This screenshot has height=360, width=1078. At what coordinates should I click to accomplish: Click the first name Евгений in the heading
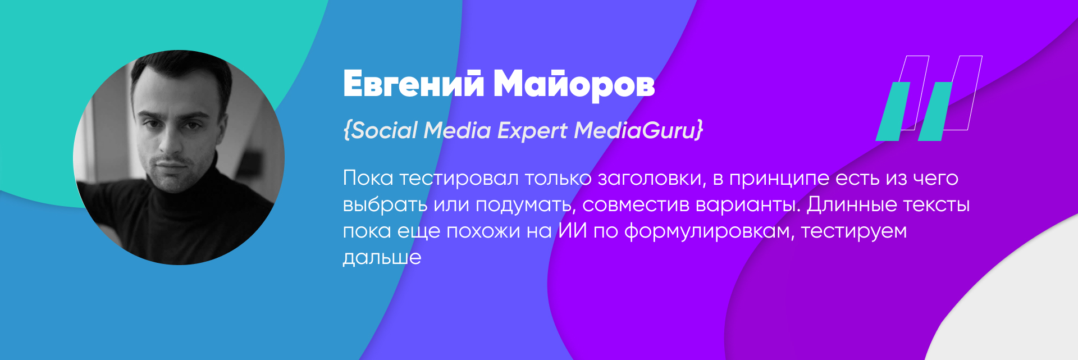413,84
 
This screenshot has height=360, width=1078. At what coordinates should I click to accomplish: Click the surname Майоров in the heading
574,85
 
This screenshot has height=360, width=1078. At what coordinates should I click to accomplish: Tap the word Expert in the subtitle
532,131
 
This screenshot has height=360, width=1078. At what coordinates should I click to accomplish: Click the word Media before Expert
457,130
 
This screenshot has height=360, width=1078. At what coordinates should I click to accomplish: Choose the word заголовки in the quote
651,179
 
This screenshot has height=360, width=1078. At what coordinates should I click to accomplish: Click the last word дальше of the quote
382,257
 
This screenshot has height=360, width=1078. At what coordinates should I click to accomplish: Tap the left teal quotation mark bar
893,111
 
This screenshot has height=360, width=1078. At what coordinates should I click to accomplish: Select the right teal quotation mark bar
935,111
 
